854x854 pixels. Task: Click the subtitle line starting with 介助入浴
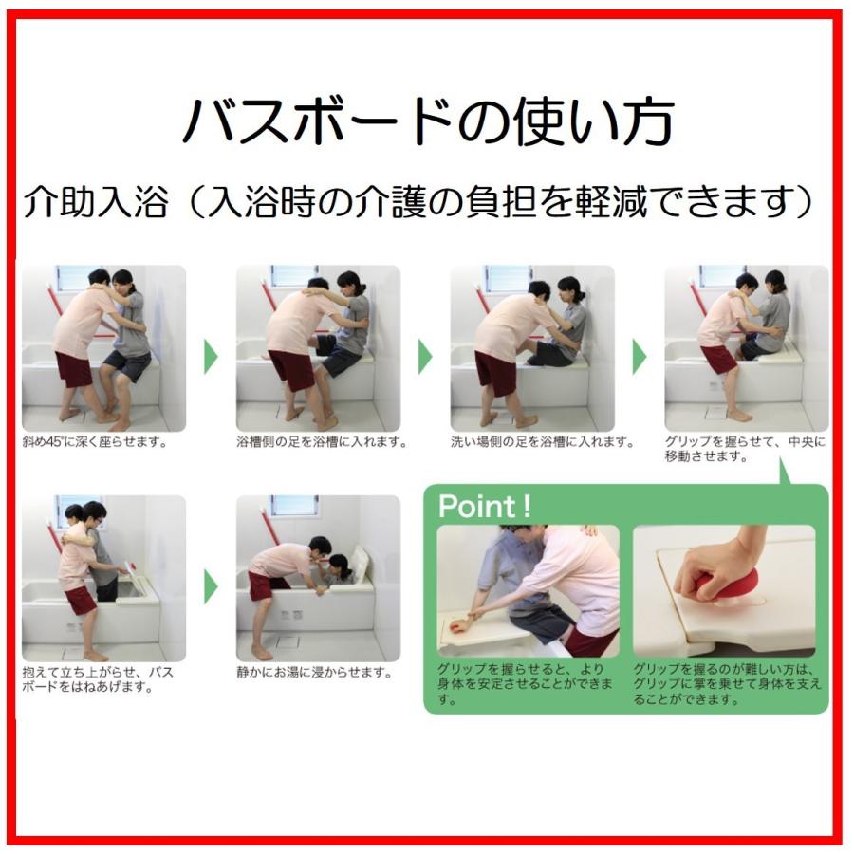coord(418,201)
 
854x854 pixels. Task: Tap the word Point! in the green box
coord(484,506)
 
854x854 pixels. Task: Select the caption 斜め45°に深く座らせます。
coord(95,441)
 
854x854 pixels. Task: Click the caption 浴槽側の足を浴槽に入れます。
coord(322,441)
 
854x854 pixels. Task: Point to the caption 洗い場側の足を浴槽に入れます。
coord(543,441)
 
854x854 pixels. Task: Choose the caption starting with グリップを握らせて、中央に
coord(745,449)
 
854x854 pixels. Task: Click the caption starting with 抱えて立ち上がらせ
coord(98,679)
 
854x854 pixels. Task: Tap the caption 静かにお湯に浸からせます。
coord(315,673)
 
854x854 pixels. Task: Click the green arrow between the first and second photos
coord(211,357)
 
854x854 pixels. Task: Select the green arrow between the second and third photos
coord(425,357)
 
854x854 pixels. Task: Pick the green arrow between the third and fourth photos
coord(640,357)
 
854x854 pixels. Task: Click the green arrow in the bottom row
coord(211,586)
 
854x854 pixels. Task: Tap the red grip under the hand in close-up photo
coord(719,589)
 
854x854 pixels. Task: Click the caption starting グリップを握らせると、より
coord(525,683)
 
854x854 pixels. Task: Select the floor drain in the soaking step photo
coord(287,641)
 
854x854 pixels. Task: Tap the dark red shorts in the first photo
coord(73,368)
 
